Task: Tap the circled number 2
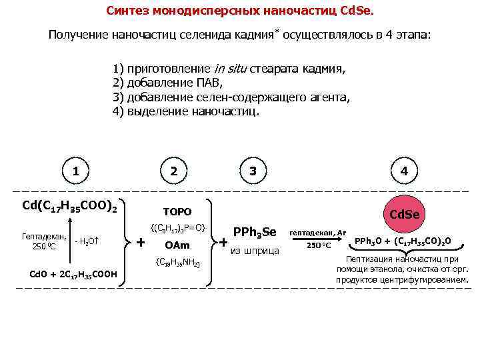coord(174,171)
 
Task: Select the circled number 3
coord(253,171)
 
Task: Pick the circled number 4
coord(403,171)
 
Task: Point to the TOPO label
coord(177,211)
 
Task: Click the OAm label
coord(177,245)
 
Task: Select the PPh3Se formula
coord(254,232)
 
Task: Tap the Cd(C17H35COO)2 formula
coord(69,206)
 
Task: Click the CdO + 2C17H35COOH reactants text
coord(73,273)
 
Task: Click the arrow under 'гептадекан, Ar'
coord(318,239)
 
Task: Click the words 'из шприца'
coord(253,251)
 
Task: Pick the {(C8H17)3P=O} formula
coord(177,228)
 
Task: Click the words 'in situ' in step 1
coord(230,69)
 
